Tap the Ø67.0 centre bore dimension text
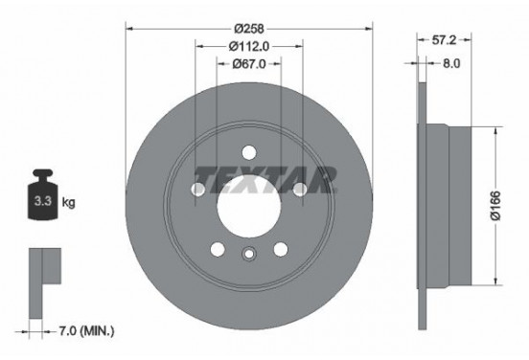pyautogui.click(x=248, y=63)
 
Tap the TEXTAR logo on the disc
pyautogui.click(x=265, y=178)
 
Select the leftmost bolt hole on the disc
pyautogui.click(x=197, y=191)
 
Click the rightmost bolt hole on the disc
pyautogui.click(x=299, y=191)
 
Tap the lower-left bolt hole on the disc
pyautogui.click(x=217, y=249)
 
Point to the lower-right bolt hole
pyautogui.click(x=281, y=249)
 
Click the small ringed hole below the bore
pyautogui.click(x=248, y=255)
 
